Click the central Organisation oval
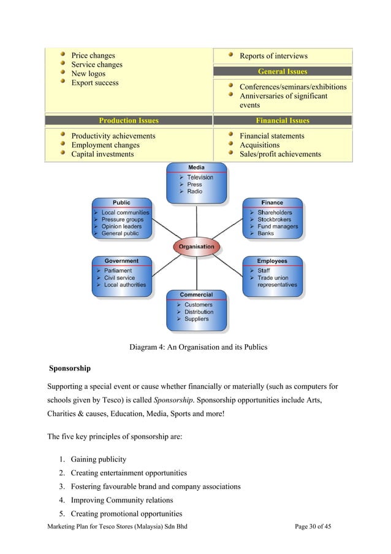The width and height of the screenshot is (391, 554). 196,247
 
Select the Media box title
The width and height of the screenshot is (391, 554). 196,167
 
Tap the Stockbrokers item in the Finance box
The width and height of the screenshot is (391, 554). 274,220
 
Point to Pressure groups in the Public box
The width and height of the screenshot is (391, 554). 123,220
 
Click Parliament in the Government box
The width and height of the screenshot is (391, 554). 118,271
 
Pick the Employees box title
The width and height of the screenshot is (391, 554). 272,261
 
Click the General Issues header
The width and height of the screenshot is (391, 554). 283,72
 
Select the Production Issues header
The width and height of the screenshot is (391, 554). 129,121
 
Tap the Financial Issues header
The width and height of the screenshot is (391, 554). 283,121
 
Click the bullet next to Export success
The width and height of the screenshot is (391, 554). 63,82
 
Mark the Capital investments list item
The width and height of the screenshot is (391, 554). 102,155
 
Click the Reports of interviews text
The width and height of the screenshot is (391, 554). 273,56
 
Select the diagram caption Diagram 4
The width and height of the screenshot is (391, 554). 198,347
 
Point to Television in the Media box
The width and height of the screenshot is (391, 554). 200,178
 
